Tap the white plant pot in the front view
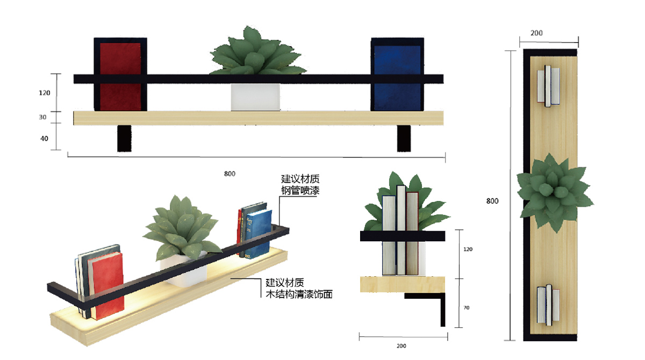coord(255,97)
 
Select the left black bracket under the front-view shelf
coord(125,139)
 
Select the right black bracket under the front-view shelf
coord(404,139)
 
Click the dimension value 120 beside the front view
coord(45,93)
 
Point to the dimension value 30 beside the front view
coord(43,117)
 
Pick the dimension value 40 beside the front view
coord(45,139)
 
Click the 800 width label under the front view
coord(230,174)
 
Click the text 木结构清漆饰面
coord(299,294)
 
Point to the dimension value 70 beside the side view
coord(466,308)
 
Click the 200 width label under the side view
coord(401,346)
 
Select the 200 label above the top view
coord(536,33)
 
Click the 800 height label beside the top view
coord(492,201)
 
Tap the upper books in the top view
coord(548,85)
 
